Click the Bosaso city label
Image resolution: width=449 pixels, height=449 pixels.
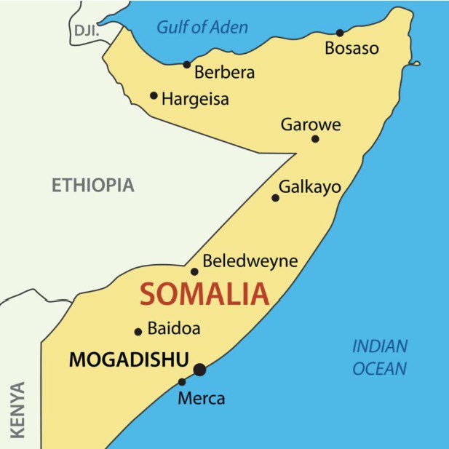[x=351, y=49]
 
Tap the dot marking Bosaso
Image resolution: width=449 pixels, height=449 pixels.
[x=340, y=33]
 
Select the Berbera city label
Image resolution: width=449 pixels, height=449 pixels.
[x=225, y=73]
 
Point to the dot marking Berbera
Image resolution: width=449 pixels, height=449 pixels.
[x=187, y=65]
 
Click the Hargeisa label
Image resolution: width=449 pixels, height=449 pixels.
[x=195, y=99]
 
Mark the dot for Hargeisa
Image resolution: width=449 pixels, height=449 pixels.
[x=154, y=95]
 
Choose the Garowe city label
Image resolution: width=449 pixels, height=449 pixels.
[x=311, y=124]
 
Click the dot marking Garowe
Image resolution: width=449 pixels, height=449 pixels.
[x=315, y=139]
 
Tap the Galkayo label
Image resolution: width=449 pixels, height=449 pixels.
[x=310, y=186]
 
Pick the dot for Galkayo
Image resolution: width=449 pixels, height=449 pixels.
[x=275, y=198]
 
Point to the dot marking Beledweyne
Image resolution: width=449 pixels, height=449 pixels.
[x=194, y=272]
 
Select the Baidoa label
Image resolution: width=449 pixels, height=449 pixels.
[x=174, y=328]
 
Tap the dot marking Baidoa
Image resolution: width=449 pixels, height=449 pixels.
[x=138, y=332]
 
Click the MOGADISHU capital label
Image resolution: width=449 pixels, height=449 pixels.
[x=129, y=359]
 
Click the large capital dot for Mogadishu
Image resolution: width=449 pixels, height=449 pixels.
[x=199, y=370]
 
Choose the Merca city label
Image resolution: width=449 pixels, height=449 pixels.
[x=202, y=399]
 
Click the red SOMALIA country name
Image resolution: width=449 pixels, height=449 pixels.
[x=204, y=295]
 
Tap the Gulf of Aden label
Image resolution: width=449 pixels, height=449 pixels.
[x=202, y=28]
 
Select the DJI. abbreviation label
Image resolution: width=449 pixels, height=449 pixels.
[x=85, y=30]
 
